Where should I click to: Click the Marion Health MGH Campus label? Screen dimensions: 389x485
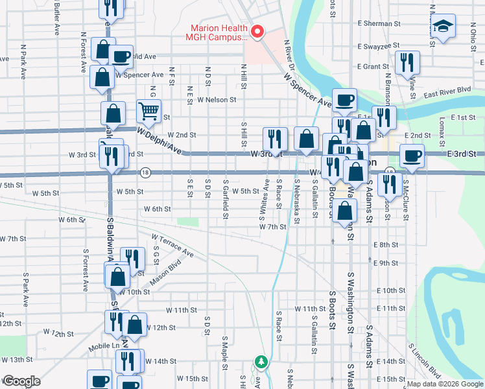pos(219,32)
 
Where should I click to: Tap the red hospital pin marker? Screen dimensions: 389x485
pos(257,31)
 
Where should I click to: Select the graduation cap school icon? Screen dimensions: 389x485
pos(444,27)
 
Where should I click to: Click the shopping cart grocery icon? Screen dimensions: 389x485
pos(148,112)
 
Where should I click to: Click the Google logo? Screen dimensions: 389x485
pos(21,381)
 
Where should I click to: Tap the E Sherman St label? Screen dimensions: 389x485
pos(379,23)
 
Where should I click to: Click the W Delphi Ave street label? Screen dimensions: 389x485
pos(158,138)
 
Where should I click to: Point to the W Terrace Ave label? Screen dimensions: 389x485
pos(172,246)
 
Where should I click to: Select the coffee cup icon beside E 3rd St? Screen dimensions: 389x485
pos(411,156)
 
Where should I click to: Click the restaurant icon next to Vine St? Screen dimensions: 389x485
pos(407,62)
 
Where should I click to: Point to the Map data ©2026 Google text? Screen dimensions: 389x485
pos(444,384)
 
